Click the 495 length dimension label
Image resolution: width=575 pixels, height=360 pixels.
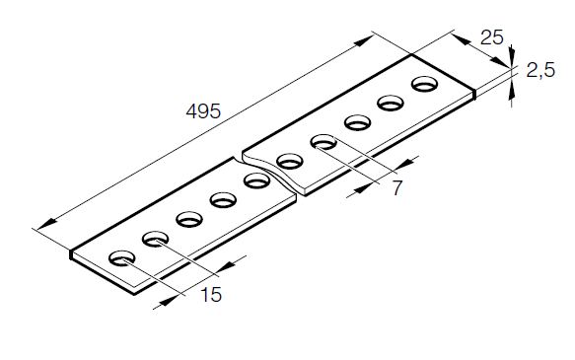point(203,111)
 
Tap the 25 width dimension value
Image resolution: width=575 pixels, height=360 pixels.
point(492,37)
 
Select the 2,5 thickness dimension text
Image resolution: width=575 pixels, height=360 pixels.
point(540,70)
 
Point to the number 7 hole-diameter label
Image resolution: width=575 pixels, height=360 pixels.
point(397,188)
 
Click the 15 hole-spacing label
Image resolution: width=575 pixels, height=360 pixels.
point(211,294)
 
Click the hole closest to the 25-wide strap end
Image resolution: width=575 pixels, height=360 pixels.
point(425,84)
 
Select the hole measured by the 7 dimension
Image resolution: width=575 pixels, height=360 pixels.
point(323,142)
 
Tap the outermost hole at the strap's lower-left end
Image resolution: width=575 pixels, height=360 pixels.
point(122,258)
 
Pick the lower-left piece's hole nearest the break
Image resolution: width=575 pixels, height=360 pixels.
point(256,180)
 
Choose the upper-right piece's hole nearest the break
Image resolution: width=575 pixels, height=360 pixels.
point(290,162)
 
